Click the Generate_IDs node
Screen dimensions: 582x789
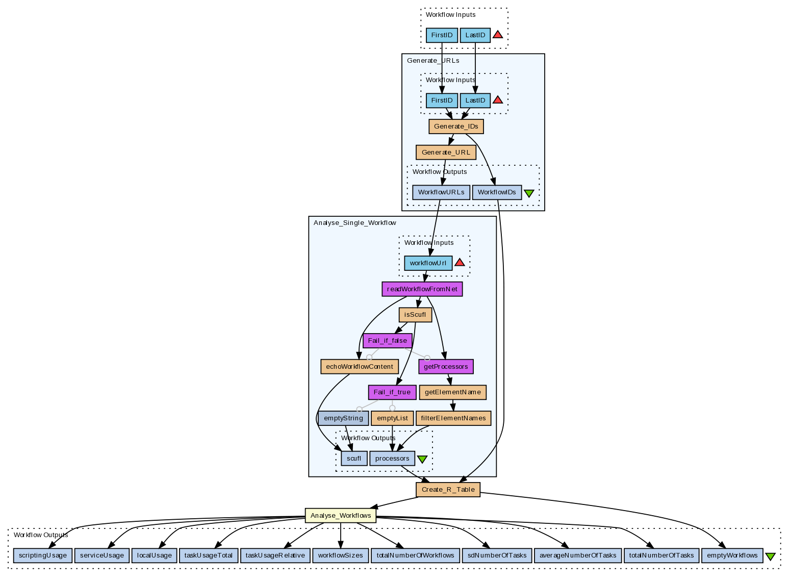coord(456,126)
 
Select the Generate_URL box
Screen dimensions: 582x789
coord(446,153)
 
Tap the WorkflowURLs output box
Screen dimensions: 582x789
coord(441,192)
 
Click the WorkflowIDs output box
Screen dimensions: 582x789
coord(497,192)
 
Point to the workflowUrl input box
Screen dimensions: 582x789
coord(428,263)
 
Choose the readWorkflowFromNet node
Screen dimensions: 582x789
coord(422,289)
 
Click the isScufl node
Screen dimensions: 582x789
coord(415,315)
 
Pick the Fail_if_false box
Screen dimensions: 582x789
coord(387,341)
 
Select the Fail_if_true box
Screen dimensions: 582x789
coord(392,392)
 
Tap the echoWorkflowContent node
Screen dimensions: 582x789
coord(359,367)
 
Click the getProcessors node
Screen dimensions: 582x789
coord(446,367)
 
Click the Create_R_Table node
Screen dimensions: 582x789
coord(448,490)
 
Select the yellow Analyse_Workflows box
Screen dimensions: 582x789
coord(340,516)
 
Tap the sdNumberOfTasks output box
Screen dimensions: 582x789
coord(496,555)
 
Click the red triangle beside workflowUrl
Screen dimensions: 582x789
coord(460,262)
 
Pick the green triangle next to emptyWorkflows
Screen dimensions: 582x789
coord(770,556)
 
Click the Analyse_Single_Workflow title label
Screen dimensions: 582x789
coord(354,223)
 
